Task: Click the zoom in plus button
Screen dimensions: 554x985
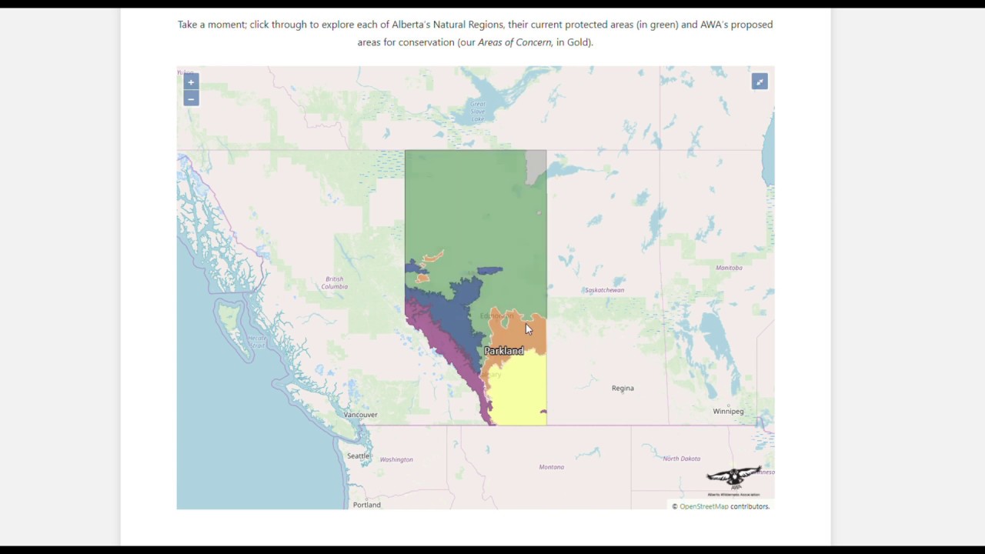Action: [191, 82]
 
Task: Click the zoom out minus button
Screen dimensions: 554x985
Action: [191, 98]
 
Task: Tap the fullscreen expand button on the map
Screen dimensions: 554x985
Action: [760, 82]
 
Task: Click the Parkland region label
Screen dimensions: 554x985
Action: [503, 351]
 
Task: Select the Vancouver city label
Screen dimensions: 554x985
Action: [360, 415]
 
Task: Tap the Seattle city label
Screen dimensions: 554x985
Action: [358, 456]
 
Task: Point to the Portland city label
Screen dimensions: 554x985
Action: [366, 505]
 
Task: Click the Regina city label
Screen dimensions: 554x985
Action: [623, 388]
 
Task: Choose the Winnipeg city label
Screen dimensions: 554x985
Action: [728, 411]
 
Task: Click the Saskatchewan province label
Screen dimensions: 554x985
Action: [604, 290]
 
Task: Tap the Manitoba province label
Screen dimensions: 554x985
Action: [729, 268]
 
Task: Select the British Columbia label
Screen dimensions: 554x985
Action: [335, 282]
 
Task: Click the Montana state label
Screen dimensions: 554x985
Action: [551, 467]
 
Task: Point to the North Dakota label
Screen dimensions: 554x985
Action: [681, 459]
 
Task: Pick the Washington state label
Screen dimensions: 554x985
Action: [396, 459]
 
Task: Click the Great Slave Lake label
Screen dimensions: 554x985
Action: [478, 111]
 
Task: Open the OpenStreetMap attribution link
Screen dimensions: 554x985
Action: [703, 506]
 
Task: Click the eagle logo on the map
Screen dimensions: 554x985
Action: [734, 479]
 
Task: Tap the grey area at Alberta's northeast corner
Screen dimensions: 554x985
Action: [535, 165]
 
